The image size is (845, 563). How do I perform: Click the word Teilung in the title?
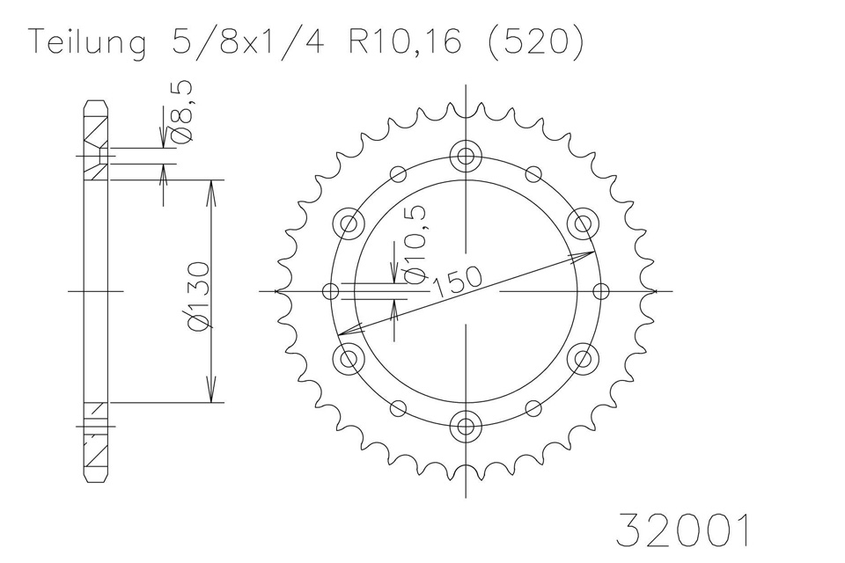tap(88, 43)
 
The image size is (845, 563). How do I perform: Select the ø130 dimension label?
tap(198, 296)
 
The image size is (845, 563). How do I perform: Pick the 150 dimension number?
tap(457, 281)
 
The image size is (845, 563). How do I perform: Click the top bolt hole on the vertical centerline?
tap(465, 157)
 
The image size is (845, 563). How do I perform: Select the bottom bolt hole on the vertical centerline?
tap(465, 427)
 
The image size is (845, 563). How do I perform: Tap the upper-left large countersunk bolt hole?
tap(349, 223)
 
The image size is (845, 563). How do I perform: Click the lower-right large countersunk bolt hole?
tap(582, 358)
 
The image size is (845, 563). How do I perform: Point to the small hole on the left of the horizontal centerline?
tap(332, 290)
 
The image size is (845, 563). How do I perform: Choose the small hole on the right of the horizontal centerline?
tap(601, 290)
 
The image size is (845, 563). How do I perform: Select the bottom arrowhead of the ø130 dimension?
tap(211, 395)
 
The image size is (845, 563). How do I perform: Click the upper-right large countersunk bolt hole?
tap(582, 223)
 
